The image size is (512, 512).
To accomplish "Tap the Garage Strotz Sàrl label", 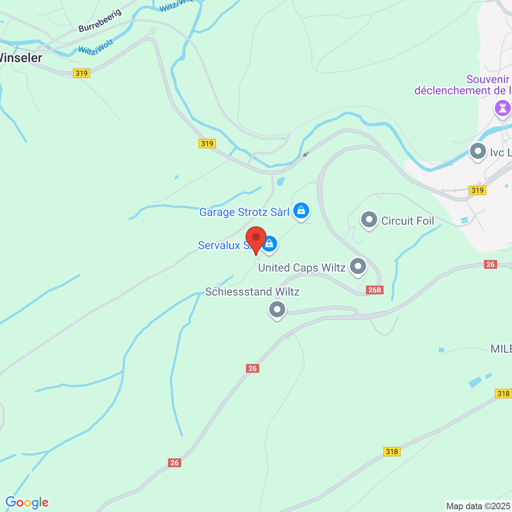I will [244, 212].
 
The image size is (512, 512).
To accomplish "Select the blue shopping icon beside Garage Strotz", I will [301, 210].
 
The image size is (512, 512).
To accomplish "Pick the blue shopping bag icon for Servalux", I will [269, 244].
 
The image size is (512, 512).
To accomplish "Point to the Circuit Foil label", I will [407, 221].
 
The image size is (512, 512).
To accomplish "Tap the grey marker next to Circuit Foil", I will [369, 220].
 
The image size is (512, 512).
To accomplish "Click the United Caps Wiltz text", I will [302, 268].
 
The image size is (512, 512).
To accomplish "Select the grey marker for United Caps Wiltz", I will [358, 267].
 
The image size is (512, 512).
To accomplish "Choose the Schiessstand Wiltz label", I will [252, 292].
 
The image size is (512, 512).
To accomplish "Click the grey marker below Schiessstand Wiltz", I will [277, 309].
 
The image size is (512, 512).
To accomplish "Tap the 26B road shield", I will [375, 290].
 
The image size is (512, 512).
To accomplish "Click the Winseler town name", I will [20, 58].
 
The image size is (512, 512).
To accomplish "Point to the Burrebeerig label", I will [100, 21].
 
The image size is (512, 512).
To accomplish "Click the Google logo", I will [27, 503].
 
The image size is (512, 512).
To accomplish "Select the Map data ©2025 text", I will [477, 506].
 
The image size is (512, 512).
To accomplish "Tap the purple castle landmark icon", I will [503, 108].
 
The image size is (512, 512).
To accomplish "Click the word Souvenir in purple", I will [488, 80].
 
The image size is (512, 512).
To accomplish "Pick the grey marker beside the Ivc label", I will [478, 151].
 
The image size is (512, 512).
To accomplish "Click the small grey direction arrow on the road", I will [305, 154].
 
